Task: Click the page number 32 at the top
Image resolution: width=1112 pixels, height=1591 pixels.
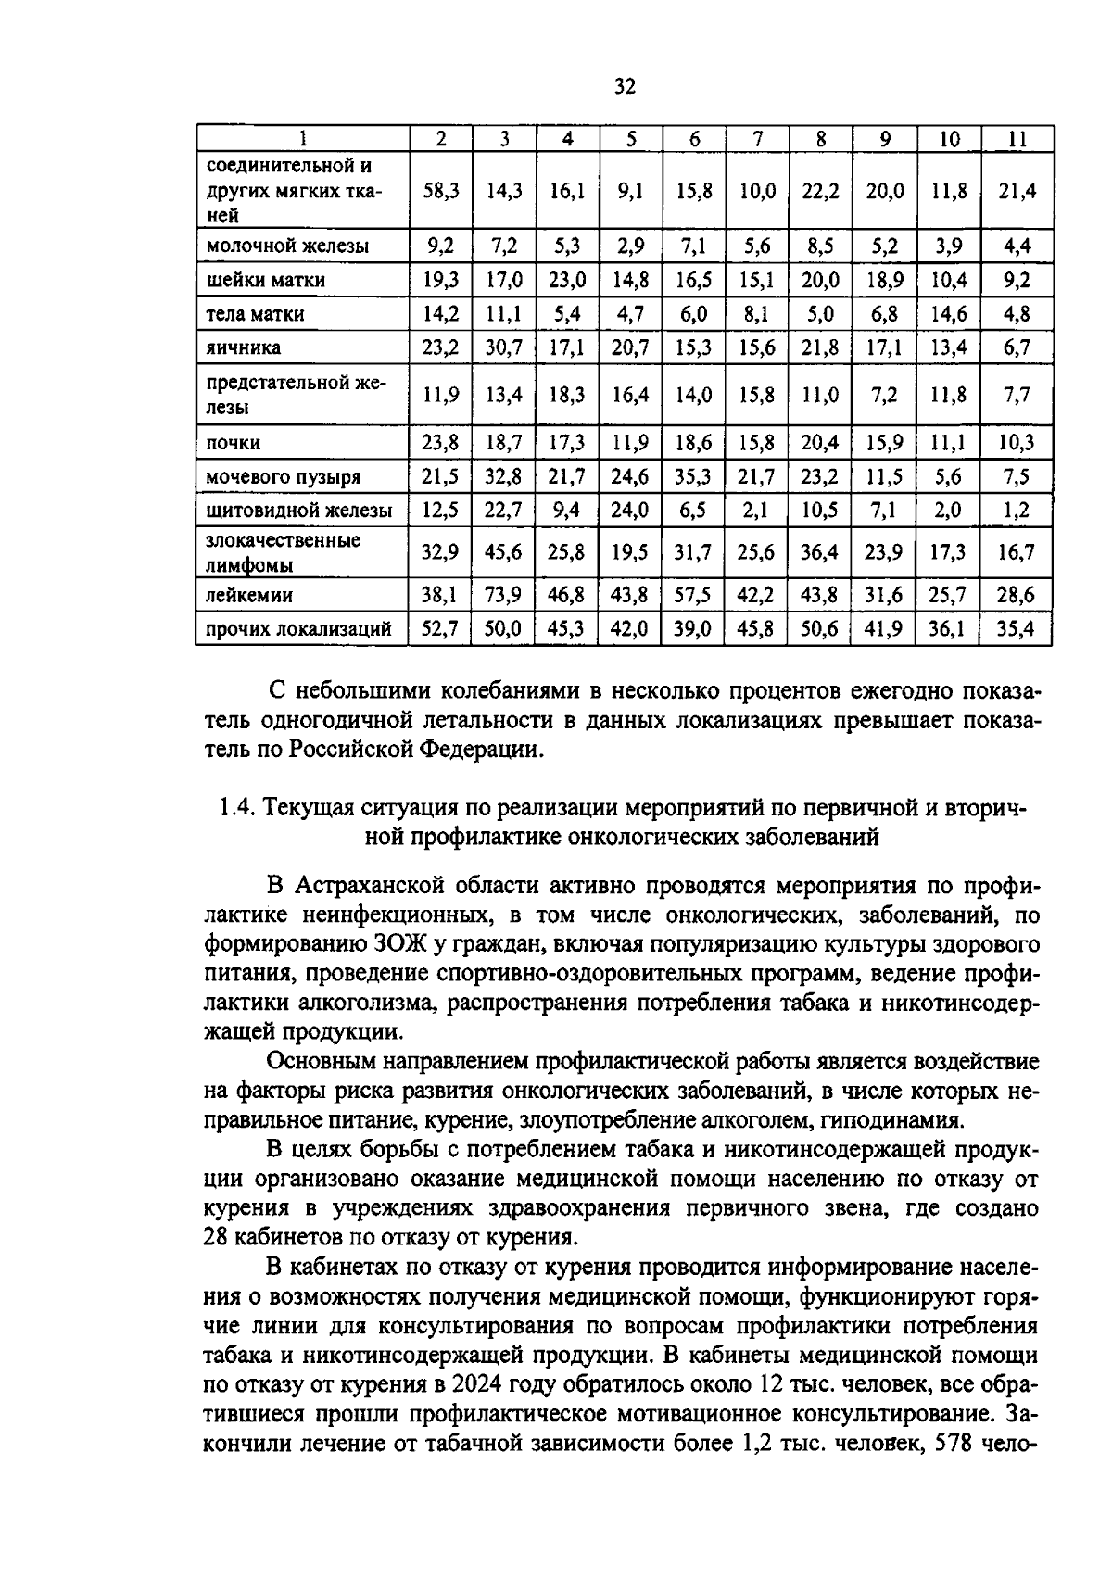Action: (x=625, y=87)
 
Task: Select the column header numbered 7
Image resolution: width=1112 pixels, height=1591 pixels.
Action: (x=757, y=139)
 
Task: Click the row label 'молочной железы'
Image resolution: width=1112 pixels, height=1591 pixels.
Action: (x=286, y=246)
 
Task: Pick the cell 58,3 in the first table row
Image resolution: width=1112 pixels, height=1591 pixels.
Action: (x=441, y=191)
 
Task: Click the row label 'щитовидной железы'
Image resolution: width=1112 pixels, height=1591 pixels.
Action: (x=297, y=511)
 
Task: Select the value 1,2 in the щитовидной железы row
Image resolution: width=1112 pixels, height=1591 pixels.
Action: (x=1017, y=511)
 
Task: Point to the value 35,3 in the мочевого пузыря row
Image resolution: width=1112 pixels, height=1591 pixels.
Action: (x=694, y=476)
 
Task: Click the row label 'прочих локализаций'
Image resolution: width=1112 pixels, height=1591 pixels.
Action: (x=297, y=630)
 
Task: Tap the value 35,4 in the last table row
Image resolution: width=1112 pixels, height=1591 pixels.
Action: (x=1017, y=630)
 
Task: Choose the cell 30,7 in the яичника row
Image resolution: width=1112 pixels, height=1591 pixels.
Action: (x=504, y=347)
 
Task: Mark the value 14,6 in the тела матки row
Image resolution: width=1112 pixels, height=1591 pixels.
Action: (x=948, y=313)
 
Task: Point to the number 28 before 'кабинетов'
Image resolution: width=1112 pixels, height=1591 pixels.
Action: (x=215, y=1237)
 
